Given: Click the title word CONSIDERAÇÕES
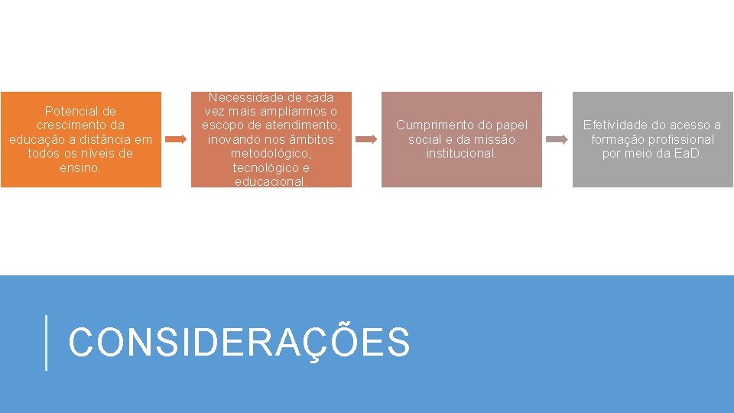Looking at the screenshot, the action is coord(239,342).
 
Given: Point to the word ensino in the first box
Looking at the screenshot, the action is coord(79,167).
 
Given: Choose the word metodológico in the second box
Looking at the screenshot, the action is coord(271,154).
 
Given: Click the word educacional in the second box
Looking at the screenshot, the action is coord(271,182).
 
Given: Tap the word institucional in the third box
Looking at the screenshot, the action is coord(461,153).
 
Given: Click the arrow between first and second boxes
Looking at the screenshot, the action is coord(176,139).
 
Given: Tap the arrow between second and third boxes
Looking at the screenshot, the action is coord(367,139).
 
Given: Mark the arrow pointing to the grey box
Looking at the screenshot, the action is coord(557,139).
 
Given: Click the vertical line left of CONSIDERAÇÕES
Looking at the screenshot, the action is coord(47,343).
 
